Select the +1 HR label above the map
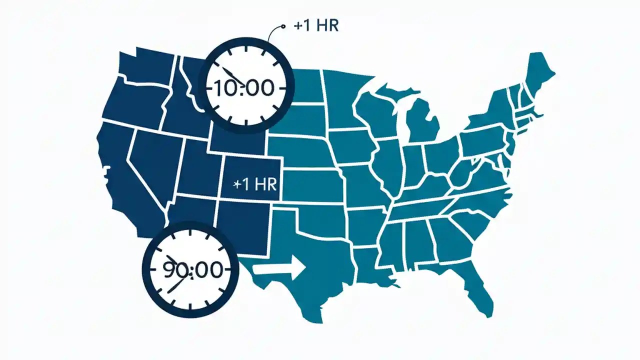[316, 26]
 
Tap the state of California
[120, 170]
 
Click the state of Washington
[145, 65]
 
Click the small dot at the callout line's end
[283, 26]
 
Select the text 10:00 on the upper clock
[244, 88]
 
